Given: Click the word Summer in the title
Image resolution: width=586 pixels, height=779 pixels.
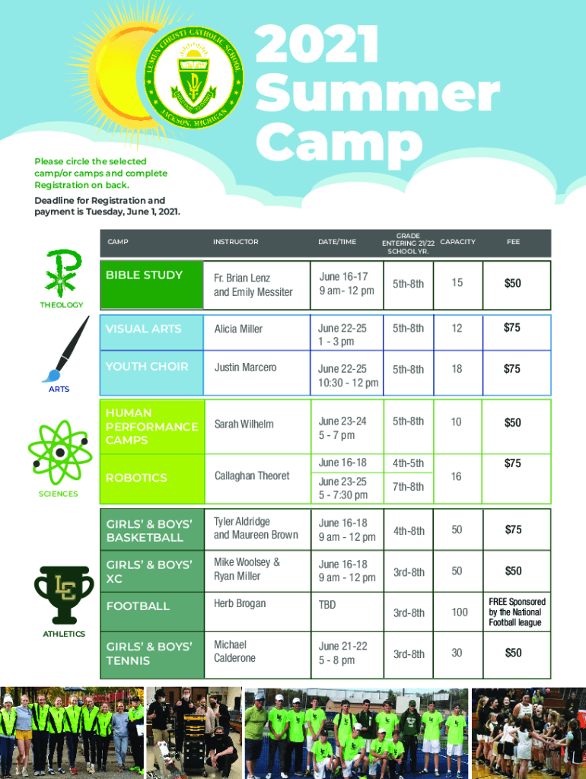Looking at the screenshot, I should pos(377,95).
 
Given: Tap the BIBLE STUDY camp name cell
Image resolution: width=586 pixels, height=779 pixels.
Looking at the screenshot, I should pos(144,275).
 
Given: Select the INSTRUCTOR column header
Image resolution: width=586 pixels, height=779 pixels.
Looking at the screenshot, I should pos(236,242).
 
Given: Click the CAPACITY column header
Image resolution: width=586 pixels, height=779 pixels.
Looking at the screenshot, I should pos(457,242).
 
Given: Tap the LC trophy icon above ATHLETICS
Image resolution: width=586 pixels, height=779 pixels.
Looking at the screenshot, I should pos(64,594).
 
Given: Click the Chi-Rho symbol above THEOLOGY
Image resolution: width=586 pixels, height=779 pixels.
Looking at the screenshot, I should pos(62,273).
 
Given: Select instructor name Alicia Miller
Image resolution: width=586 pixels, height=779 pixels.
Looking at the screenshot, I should pos(238,329).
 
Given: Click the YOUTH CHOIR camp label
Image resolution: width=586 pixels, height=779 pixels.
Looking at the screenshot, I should pos(147,367).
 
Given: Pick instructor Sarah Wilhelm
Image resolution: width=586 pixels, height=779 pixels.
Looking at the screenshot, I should pos(244,424).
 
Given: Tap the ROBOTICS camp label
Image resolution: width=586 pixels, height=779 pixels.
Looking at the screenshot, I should pos(136,478).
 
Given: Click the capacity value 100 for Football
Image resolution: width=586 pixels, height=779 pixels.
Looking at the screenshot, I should pos(460,612).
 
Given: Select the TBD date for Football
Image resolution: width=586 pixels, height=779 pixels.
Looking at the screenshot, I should pos(327,605).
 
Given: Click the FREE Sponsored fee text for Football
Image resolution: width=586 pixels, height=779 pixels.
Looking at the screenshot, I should pos(517,612).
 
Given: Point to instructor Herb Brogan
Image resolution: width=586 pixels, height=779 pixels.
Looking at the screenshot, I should pos(240,603).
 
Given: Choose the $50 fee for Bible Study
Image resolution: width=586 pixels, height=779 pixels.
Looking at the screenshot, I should pos(512,283).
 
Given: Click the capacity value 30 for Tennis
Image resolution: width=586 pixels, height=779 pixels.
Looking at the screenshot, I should pos(457,653).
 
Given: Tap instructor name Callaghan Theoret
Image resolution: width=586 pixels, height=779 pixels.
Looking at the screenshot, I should pos(251,475).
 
